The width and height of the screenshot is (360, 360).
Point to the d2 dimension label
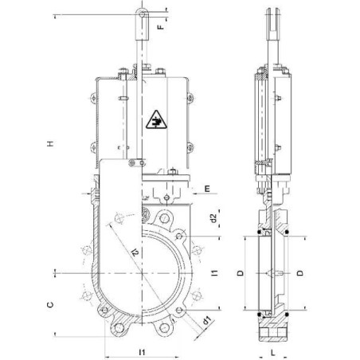tap(213, 217)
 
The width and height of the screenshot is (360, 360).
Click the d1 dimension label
tap(205, 321)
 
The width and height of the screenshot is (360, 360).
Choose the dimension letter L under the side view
tap(272, 351)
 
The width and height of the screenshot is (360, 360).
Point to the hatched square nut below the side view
tap(272, 326)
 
